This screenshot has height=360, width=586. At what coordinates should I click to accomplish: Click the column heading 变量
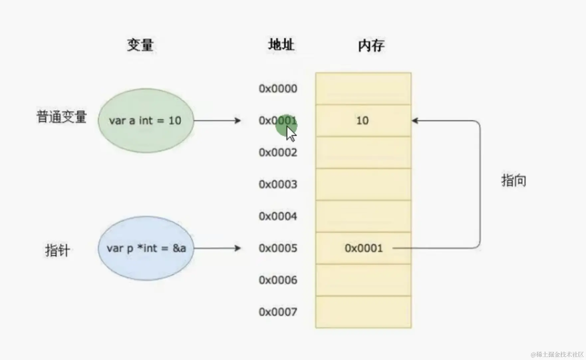click(x=140, y=45)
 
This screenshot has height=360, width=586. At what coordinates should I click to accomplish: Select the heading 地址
click(x=281, y=45)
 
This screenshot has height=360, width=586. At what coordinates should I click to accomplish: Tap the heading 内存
click(x=371, y=46)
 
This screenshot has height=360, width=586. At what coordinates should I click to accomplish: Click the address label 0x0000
click(x=278, y=89)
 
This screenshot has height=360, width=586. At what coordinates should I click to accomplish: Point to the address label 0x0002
click(x=278, y=152)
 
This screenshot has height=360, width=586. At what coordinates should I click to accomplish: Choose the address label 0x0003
click(x=278, y=184)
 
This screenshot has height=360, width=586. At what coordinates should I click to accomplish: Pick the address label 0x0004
click(x=278, y=216)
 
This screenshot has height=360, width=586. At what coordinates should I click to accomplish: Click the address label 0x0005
click(x=278, y=248)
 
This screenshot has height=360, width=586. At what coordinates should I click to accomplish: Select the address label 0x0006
click(x=278, y=280)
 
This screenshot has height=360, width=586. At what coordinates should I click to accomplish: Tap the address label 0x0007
click(x=278, y=312)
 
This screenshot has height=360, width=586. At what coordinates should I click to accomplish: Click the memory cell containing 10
click(x=363, y=120)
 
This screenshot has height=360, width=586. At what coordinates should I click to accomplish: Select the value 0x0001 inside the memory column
click(x=364, y=248)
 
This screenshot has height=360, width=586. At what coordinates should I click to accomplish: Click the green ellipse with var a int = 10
click(x=146, y=120)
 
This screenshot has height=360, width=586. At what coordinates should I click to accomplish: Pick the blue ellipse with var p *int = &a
click(x=146, y=248)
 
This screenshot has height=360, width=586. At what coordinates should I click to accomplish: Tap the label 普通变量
click(x=62, y=117)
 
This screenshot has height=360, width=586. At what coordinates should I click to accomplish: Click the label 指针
click(x=57, y=250)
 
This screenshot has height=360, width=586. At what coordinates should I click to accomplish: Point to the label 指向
click(x=513, y=180)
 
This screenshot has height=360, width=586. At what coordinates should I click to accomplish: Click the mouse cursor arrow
click(x=291, y=134)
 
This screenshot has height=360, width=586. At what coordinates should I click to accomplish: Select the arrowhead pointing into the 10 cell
click(x=415, y=120)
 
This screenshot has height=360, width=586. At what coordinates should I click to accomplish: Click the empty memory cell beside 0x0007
click(x=363, y=312)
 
